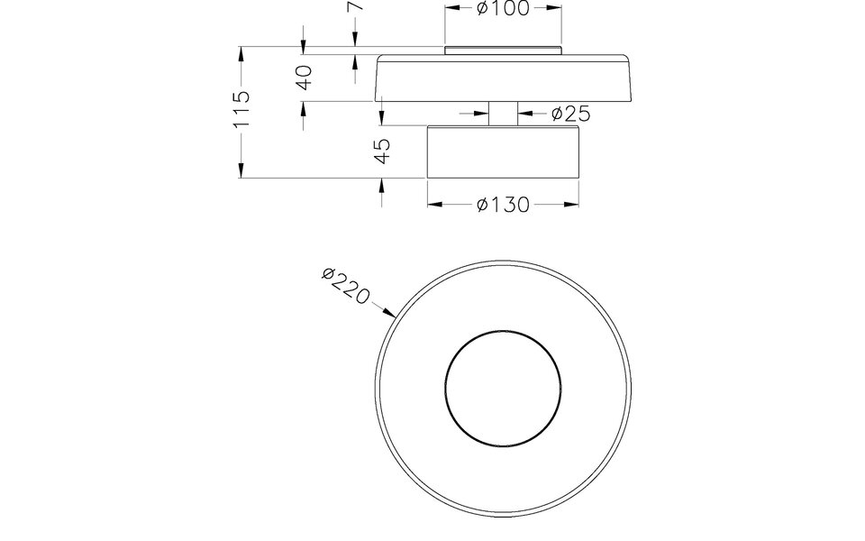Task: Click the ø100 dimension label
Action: (504, 8)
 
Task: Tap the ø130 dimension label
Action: (503, 205)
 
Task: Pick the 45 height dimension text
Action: (382, 151)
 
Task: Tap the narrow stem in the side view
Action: (504, 113)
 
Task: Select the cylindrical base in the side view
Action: (503, 151)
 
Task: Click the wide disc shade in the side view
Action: (504, 79)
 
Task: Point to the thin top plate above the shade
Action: (504, 50)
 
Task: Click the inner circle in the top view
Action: (503, 382)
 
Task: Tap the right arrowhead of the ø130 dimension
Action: (572, 205)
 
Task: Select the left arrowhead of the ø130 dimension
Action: (433, 205)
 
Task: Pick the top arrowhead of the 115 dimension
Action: (241, 54)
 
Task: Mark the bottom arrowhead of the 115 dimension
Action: (241, 171)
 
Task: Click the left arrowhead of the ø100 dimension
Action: (453, 8)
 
